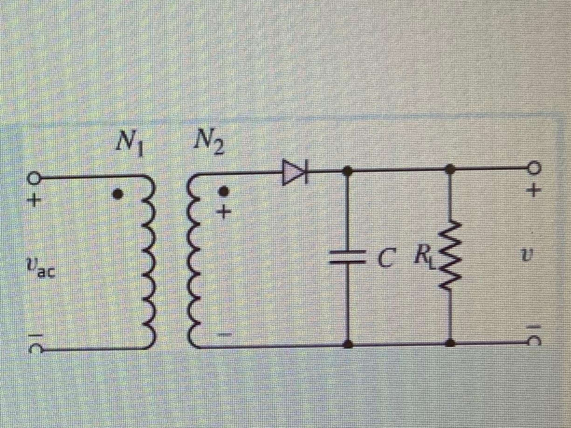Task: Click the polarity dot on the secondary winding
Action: point(224,191)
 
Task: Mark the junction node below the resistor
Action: point(450,344)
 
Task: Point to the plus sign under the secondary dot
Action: point(224,212)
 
